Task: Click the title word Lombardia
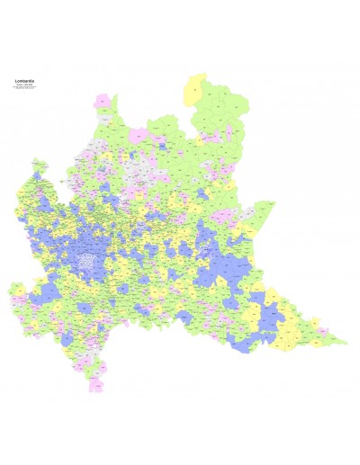coord(25,81)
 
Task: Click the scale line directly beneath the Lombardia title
coord(25,85)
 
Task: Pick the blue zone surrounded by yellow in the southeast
coord(271,316)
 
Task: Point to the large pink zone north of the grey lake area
coord(139,136)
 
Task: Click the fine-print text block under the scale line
coord(25,90)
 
